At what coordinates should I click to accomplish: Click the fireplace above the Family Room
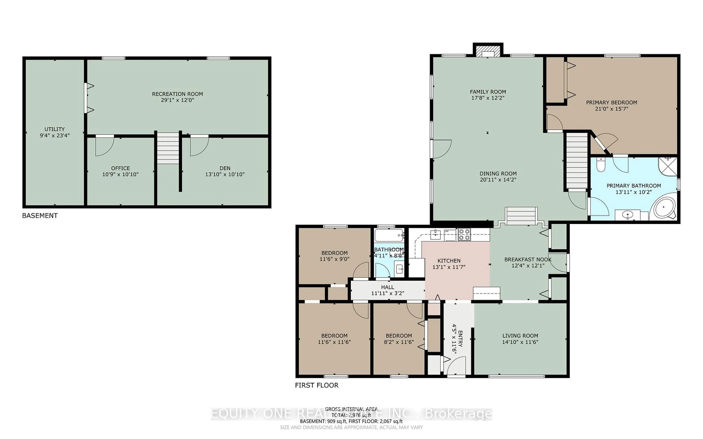click(x=488, y=51)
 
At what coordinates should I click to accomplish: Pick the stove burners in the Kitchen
click(x=464, y=235)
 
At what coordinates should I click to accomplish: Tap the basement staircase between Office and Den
click(x=168, y=148)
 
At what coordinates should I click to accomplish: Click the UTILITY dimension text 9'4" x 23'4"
click(x=55, y=135)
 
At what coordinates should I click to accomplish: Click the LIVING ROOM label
click(x=520, y=336)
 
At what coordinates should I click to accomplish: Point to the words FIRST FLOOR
click(x=317, y=385)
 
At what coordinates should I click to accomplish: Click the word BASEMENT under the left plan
click(x=40, y=215)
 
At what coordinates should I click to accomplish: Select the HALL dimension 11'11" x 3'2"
click(x=388, y=293)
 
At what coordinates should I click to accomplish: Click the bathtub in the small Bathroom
click(x=389, y=235)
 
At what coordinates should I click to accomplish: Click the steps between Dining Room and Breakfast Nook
click(x=521, y=216)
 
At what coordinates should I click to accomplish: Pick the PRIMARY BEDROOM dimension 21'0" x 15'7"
click(x=611, y=109)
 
